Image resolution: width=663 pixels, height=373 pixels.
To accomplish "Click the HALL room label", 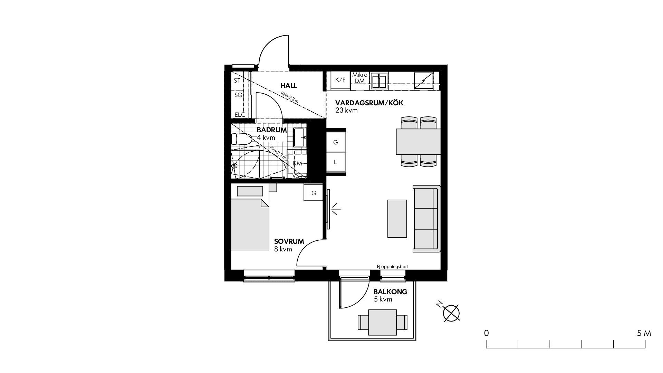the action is tap(289, 86).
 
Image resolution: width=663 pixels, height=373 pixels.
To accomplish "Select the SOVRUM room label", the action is tap(289, 241).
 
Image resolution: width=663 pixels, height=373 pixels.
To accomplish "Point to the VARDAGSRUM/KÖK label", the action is tap(369, 103).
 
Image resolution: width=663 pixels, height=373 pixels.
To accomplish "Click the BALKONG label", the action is tap(391, 292).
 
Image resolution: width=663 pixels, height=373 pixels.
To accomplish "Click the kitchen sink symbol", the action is tap(379, 80).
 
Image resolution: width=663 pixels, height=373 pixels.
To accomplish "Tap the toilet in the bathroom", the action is tap(241, 140).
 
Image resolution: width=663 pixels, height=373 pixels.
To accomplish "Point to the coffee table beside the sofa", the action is tap(397, 219).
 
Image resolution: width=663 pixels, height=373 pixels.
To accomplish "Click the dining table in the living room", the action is tap(418, 142).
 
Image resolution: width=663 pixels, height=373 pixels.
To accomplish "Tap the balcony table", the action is tap(383, 322).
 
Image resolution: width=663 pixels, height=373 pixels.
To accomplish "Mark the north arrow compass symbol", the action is tap(451, 313).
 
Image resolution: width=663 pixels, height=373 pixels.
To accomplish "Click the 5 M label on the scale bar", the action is tap(644, 333).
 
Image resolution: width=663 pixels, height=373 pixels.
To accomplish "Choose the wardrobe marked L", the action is tap(335, 162).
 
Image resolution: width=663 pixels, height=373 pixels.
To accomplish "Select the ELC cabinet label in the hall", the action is tap(240, 115).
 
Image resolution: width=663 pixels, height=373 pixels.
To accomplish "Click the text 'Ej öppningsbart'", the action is tap(393, 266).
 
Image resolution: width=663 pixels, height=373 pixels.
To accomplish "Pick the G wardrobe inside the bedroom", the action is tap(314, 193).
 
